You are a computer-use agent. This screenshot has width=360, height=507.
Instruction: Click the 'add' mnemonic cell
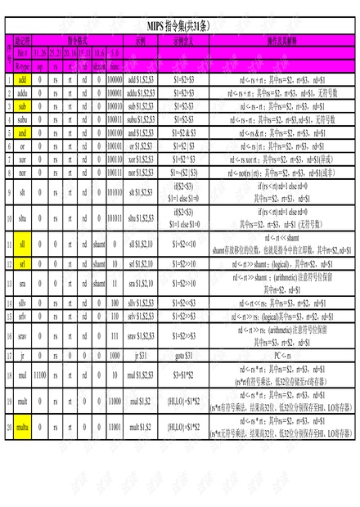pyautogui.click(x=23, y=79)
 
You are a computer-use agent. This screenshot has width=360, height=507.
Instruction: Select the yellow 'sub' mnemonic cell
pyautogui.click(x=23, y=106)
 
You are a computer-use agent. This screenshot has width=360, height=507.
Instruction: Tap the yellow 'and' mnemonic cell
pyautogui.click(x=23, y=132)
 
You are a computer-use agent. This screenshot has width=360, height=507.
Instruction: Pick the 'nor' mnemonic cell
pyautogui.click(x=23, y=173)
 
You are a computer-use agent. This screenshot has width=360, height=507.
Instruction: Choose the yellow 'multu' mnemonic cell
pyautogui.click(x=23, y=427)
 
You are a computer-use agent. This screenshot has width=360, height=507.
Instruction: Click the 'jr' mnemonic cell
pyautogui.click(x=23, y=356)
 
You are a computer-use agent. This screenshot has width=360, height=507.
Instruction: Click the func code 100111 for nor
pyautogui.click(x=115, y=173)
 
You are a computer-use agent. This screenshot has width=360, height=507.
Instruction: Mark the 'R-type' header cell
pyautogui.click(x=23, y=65)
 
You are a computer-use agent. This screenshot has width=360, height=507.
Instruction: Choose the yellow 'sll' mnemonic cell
pyautogui.click(x=23, y=245)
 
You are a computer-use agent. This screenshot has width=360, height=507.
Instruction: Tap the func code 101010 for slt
pyautogui.click(x=115, y=192)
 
